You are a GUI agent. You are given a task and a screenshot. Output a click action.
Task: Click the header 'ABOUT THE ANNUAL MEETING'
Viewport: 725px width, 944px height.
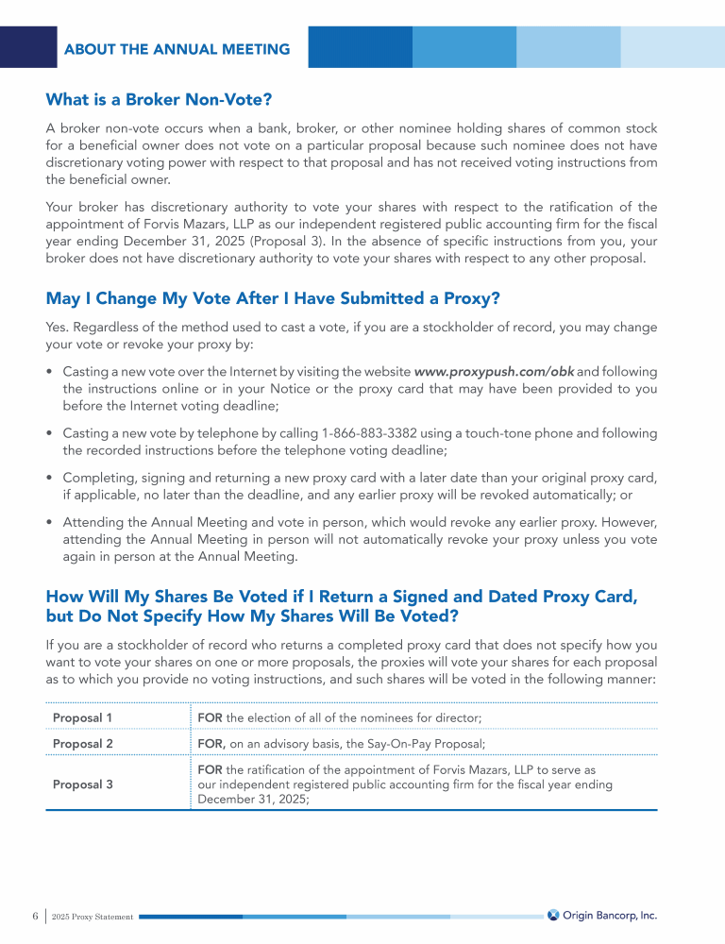[177, 49]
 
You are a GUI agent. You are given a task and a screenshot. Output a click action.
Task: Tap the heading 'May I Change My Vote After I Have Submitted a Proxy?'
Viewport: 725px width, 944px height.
[272, 299]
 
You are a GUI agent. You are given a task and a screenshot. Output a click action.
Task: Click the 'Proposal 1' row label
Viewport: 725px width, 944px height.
[82, 718]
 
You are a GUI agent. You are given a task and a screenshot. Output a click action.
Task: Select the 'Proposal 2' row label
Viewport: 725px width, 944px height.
[83, 744]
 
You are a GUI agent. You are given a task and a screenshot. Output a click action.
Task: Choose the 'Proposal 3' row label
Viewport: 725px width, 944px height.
[83, 784]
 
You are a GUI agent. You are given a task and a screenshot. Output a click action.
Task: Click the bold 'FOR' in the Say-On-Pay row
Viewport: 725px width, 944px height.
[211, 744]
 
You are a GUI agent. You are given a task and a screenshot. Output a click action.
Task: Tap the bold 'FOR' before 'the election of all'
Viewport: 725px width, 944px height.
[210, 718]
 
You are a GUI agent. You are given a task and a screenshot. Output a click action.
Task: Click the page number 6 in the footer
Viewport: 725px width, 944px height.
[35, 916]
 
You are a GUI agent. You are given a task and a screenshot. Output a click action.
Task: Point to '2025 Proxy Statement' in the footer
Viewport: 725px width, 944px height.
[93, 917]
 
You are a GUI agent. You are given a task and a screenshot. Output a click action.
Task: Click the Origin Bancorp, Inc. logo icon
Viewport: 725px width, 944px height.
[553, 915]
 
